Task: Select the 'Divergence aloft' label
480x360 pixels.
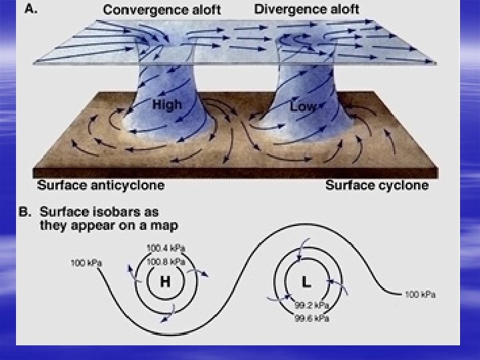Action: click(x=306, y=9)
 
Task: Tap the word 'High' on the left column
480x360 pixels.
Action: click(x=166, y=105)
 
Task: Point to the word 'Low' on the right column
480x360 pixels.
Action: click(x=303, y=106)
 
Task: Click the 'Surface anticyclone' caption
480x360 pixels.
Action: click(x=101, y=185)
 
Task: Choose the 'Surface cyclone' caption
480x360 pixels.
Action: click(x=377, y=185)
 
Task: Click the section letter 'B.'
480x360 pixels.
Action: click(x=26, y=211)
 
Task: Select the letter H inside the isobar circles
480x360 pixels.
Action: click(x=165, y=282)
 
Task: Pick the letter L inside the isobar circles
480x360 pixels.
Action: click(x=306, y=282)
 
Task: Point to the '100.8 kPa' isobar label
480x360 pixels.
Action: click(x=166, y=261)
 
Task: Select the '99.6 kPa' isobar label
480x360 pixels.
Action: click(x=313, y=318)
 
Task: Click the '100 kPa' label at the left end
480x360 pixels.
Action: click(x=87, y=263)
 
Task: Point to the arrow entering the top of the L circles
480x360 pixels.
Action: click(x=303, y=246)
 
